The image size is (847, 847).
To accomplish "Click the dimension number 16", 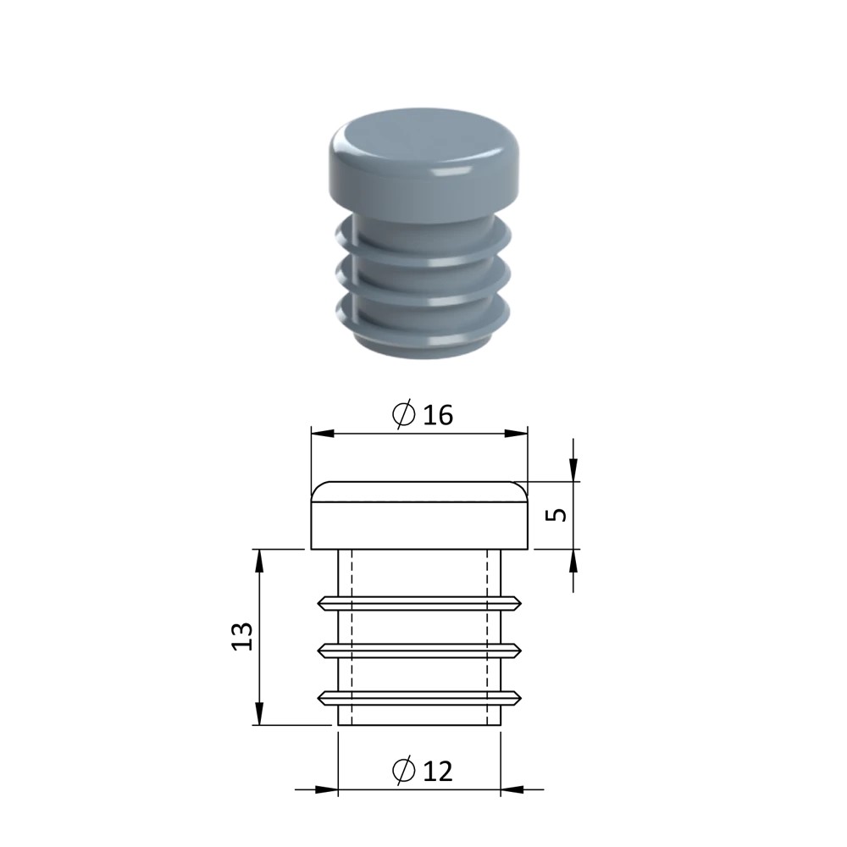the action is coord(438,415).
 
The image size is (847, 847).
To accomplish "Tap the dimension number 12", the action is coord(438,771).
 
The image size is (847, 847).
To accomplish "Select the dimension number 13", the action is coord(242,636).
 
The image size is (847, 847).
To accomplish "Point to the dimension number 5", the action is coord(556,515).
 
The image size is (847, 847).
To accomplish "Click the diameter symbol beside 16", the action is coord(403,414).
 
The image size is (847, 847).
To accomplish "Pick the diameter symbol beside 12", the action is coord(403,770).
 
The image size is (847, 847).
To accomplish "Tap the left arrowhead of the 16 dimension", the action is coord(323,433).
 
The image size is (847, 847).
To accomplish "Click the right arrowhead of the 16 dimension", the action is coord(516,433).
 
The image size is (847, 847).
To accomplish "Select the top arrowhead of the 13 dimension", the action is coord(259,560).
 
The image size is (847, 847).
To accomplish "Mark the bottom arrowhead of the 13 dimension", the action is coord(259,713).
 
